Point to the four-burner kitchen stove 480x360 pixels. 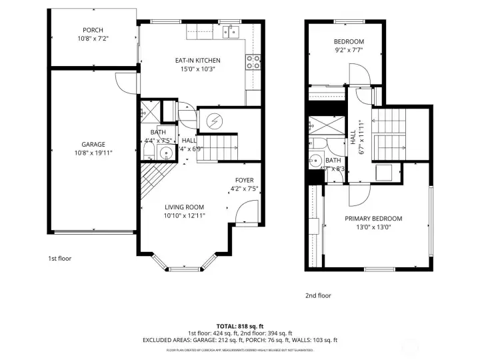(253, 62)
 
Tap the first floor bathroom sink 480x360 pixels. (166, 154)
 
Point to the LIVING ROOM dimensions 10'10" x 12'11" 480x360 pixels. (184, 216)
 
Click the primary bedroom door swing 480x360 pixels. (357, 195)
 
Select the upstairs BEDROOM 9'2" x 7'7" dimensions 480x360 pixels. (349, 49)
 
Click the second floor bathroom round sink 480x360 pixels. (315, 161)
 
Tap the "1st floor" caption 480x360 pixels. (59, 258)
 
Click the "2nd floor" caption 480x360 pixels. (317, 295)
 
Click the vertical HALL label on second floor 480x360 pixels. (353, 137)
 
